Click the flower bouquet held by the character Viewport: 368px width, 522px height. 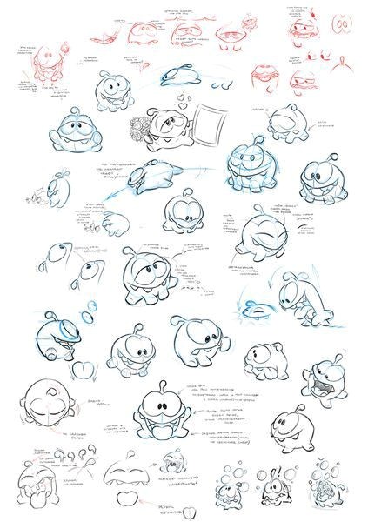pos(140,129)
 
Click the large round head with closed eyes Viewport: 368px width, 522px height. pos(43,409)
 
